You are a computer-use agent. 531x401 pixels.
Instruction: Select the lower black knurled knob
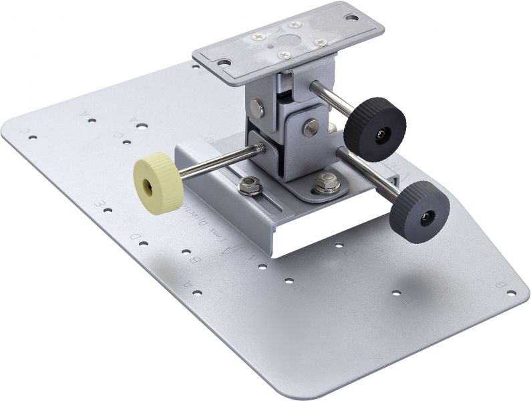click(x=419, y=213)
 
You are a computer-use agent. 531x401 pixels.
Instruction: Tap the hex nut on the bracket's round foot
click(x=325, y=181)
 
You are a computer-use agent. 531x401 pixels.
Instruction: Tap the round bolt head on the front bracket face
click(x=309, y=126)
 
